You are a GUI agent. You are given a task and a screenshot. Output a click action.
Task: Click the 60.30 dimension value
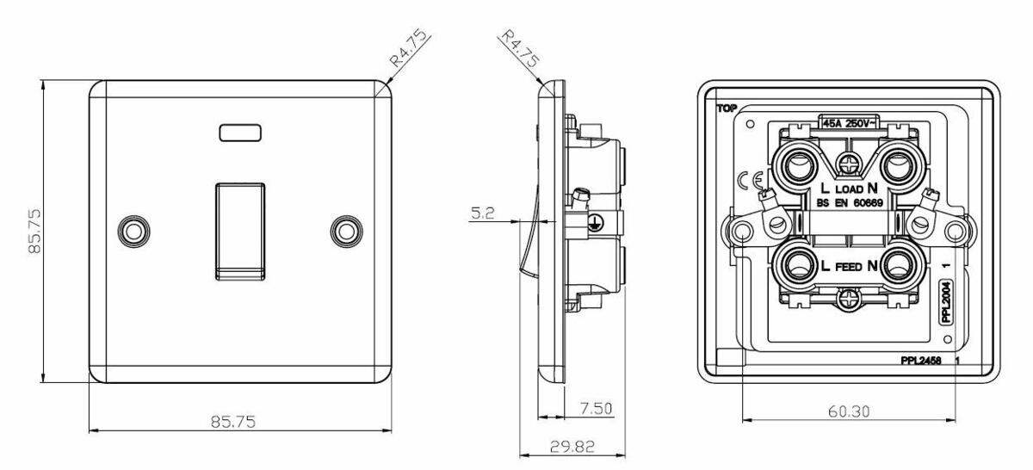coord(849,411)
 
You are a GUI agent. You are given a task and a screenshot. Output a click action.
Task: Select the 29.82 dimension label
coord(572,447)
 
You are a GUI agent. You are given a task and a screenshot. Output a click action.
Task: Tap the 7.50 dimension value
coord(596,409)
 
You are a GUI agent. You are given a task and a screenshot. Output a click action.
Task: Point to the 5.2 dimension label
coord(482,213)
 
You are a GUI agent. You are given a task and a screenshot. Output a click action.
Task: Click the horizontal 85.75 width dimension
coord(233,422)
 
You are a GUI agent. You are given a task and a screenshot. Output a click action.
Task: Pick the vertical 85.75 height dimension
coord(34,231)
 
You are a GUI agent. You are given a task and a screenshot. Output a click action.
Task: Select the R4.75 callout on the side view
coord(521,48)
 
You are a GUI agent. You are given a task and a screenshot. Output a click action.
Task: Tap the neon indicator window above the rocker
coord(240,133)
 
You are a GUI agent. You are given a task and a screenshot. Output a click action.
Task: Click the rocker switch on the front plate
coord(240,232)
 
